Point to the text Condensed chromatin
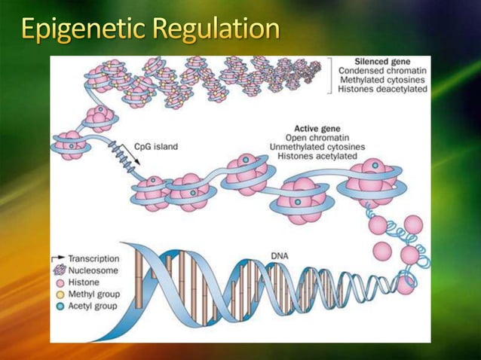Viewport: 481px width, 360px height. pos(382,70)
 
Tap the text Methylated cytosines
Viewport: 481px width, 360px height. pos(382,80)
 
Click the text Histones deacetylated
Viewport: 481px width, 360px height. pos(382,90)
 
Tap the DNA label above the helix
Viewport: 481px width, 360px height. pos(279,257)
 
